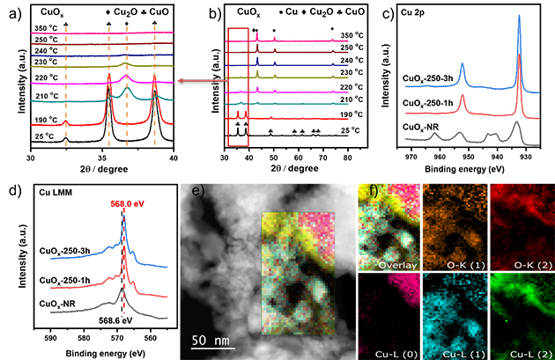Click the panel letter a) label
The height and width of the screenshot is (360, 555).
pos(11,11)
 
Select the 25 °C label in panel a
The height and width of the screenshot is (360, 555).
pos(46,136)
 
